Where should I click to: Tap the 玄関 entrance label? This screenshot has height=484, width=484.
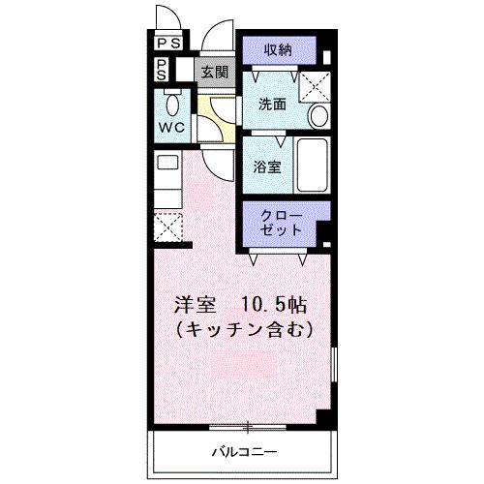[214, 71]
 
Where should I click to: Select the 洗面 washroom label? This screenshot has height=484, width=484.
[271, 104]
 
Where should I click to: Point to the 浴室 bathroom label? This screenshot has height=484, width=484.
[267, 166]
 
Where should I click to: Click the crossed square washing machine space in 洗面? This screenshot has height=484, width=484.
[311, 84]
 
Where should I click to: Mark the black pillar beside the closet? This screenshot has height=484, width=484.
[324, 231]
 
